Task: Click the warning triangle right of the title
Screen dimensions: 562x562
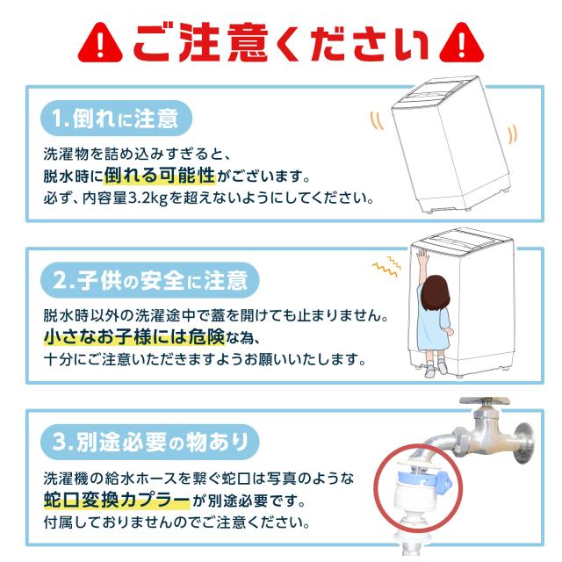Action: pyautogui.click(x=460, y=41)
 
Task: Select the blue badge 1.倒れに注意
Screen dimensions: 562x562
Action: pyautogui.click(x=115, y=118)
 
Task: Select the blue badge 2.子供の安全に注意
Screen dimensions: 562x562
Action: pyautogui.click(x=150, y=281)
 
